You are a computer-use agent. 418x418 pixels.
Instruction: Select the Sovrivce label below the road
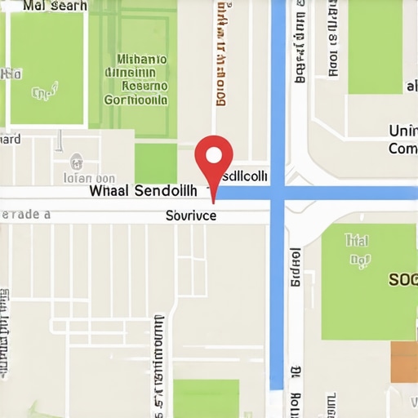(190, 216)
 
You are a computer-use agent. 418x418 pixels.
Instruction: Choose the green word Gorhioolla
(136, 100)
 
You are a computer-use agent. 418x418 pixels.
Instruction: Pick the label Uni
(402, 131)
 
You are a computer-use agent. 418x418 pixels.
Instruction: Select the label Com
(402, 149)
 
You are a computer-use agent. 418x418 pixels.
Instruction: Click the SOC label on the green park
(402, 279)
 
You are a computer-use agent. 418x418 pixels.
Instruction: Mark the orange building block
(404, 362)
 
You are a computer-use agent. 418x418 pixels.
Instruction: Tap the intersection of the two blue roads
(278, 193)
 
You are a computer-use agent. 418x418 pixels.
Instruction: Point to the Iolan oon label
(89, 177)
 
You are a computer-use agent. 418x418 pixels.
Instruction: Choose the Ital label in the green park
(356, 241)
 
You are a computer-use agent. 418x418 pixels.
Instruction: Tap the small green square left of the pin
(155, 163)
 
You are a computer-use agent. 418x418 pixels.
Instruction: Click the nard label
(11, 140)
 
